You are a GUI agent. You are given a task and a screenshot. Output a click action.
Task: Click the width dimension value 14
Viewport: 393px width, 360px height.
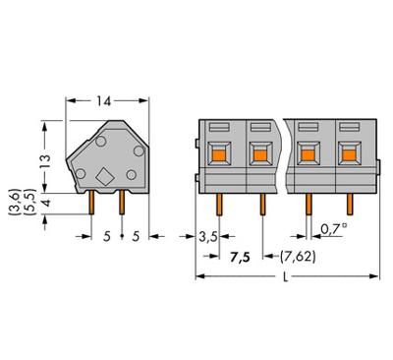103,100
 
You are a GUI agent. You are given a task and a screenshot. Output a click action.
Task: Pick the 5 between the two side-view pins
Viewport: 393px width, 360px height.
107,237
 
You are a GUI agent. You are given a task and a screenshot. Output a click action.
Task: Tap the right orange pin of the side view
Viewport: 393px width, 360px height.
121,202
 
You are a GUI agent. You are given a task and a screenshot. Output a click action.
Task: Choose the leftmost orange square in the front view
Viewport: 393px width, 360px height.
221,152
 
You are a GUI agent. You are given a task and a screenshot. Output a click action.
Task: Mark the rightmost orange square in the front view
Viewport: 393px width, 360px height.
347,152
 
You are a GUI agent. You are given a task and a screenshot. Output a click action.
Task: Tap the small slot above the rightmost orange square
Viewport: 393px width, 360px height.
347,127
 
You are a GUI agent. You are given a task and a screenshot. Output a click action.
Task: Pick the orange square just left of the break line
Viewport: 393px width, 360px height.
259,152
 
